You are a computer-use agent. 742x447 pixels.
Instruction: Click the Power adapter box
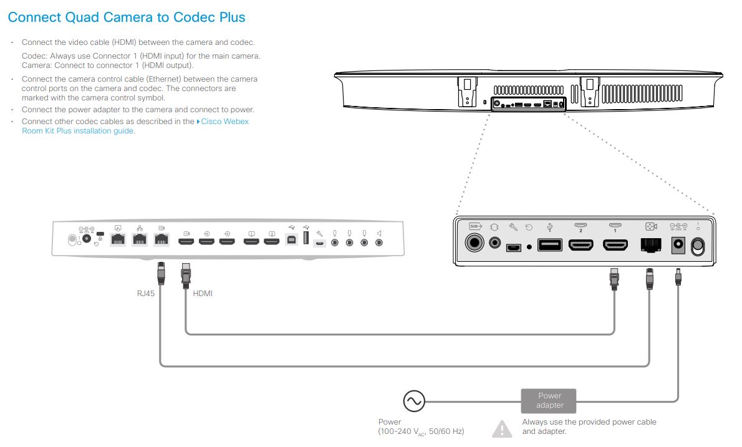point(549,401)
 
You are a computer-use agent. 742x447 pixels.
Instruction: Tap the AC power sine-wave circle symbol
point(413,401)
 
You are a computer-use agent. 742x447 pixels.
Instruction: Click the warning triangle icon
point(502,429)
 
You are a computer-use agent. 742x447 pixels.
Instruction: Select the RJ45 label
point(145,293)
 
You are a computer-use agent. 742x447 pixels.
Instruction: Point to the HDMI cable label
point(203,293)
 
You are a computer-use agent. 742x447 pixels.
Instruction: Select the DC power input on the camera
point(677,246)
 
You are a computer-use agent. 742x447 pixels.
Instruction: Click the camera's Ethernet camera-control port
point(651,246)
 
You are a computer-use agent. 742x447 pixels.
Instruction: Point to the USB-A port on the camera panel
point(549,246)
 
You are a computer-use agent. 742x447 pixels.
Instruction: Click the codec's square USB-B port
point(291,240)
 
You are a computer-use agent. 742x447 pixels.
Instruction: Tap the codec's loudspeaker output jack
point(379,241)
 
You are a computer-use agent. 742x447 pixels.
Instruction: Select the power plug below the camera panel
point(678,276)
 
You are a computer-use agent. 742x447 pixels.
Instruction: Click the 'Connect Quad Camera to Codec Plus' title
point(127,17)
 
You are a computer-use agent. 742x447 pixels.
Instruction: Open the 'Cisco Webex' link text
point(224,122)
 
